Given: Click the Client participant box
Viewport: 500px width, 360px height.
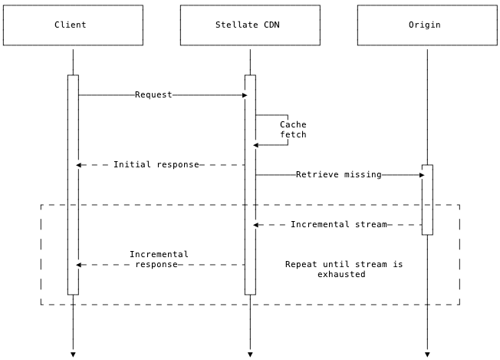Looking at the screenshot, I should point(73,25).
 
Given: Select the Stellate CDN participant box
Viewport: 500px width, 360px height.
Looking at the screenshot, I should point(249,25).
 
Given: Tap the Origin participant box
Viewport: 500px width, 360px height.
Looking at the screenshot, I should point(426,25).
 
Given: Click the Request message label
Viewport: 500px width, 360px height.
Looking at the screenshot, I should point(153,95).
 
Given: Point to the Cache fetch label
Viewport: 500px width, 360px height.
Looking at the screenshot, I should point(293,130).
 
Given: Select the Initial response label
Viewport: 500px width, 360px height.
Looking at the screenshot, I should point(156,165).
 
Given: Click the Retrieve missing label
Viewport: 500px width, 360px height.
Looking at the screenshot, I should point(338,175).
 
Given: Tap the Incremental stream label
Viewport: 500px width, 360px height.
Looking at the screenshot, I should point(338,225).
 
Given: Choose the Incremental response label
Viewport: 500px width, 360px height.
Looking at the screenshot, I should point(159,259).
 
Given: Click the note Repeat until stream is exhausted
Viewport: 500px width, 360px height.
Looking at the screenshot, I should point(344,269).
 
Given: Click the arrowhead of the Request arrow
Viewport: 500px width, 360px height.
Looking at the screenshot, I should point(244,95).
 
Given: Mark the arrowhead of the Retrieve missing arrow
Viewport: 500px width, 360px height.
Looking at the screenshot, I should point(421,175).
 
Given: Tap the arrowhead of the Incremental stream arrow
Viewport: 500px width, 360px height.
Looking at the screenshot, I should point(257,225).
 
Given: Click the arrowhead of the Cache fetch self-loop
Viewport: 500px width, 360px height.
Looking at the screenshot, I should point(257,145).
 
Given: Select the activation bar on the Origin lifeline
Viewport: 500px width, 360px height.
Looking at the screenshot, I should point(427,200).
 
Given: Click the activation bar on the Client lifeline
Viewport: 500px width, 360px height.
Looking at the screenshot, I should point(73,184).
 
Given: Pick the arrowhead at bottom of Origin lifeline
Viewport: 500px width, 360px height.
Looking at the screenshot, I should point(427,354).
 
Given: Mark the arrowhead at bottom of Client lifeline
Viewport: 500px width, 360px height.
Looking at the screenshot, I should point(73,354).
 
